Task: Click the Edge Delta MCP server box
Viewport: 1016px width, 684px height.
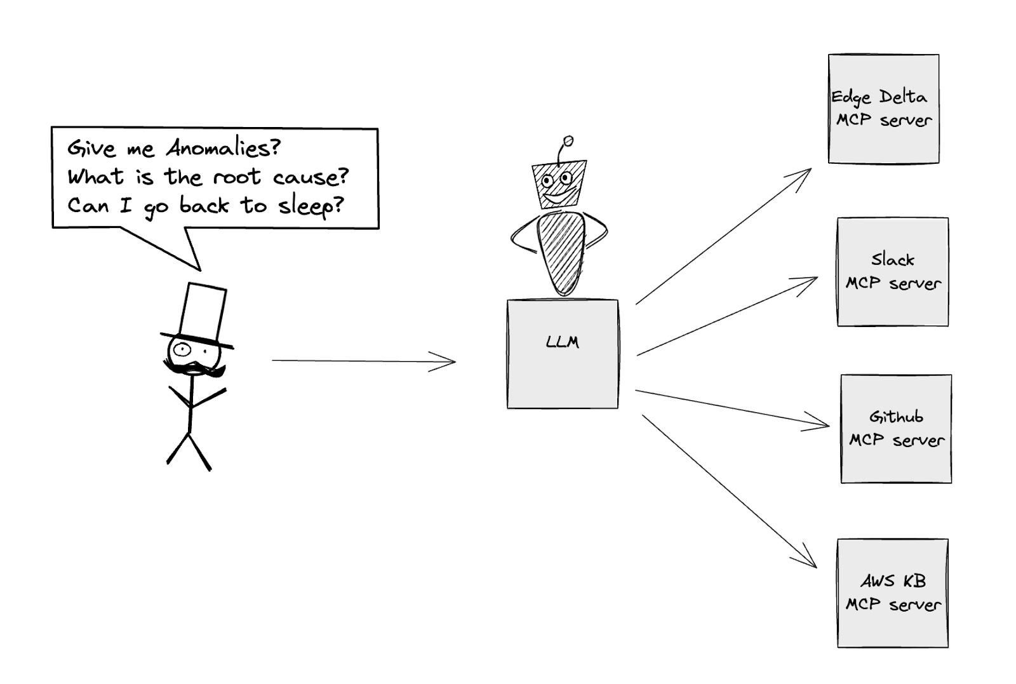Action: (x=883, y=109)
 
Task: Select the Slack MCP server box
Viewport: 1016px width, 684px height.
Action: (x=892, y=272)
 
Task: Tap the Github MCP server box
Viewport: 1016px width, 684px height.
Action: (x=896, y=429)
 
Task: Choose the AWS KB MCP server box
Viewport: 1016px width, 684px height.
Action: (x=892, y=593)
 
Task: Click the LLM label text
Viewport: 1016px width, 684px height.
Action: (x=563, y=342)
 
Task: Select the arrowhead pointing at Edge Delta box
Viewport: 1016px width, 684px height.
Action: (x=804, y=173)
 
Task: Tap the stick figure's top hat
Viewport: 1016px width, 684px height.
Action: (x=202, y=314)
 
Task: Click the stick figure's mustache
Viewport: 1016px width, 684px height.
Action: (x=194, y=368)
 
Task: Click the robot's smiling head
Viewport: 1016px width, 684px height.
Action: (x=558, y=184)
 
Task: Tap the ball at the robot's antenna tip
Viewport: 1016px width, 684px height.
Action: (x=568, y=140)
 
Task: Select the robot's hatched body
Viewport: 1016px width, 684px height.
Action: (x=561, y=251)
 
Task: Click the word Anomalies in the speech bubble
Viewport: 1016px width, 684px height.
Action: (x=222, y=149)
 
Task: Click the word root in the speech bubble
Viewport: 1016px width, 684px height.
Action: (x=236, y=177)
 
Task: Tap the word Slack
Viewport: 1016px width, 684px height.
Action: (x=892, y=260)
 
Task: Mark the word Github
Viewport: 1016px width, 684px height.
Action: (x=896, y=417)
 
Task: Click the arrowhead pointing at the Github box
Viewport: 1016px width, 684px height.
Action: (x=821, y=424)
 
